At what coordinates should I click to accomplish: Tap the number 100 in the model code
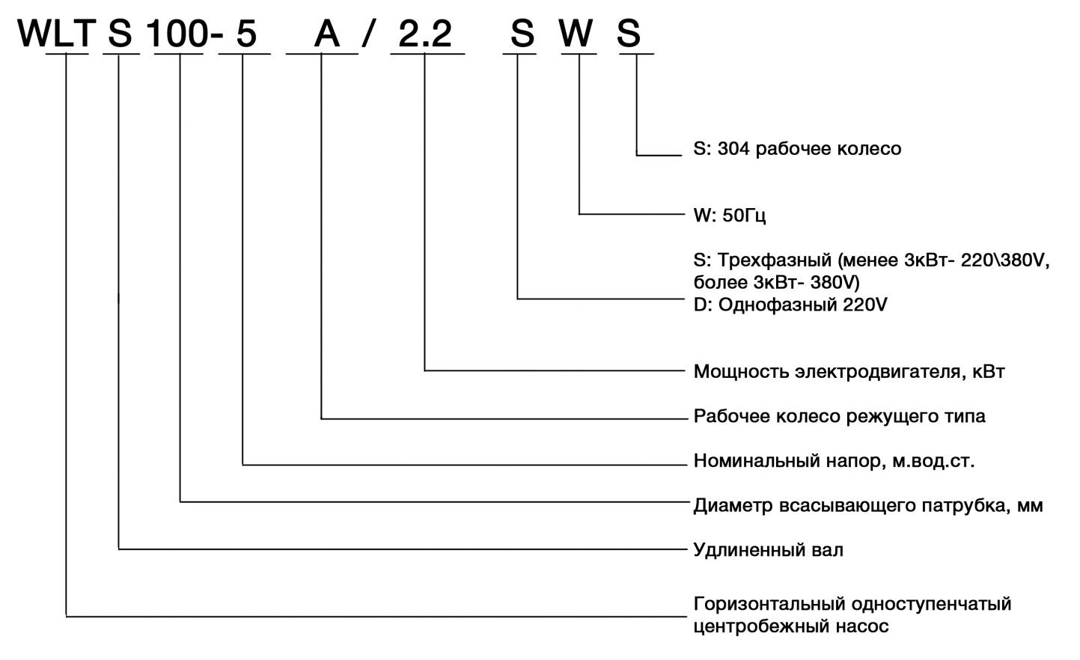(x=175, y=34)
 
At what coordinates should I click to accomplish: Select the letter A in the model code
(x=326, y=34)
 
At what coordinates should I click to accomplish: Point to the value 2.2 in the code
(x=425, y=34)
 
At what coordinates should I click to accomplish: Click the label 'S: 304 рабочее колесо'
(x=797, y=149)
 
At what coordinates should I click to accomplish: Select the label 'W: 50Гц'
(x=730, y=216)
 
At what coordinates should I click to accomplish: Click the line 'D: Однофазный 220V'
(x=790, y=305)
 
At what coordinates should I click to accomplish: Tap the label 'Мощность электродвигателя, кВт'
(x=849, y=371)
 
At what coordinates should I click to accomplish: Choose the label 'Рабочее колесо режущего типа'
(x=839, y=416)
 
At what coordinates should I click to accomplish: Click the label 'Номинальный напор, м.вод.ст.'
(x=834, y=461)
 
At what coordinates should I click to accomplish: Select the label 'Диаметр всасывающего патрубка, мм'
(x=868, y=506)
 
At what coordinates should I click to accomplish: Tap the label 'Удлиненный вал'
(x=768, y=551)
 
